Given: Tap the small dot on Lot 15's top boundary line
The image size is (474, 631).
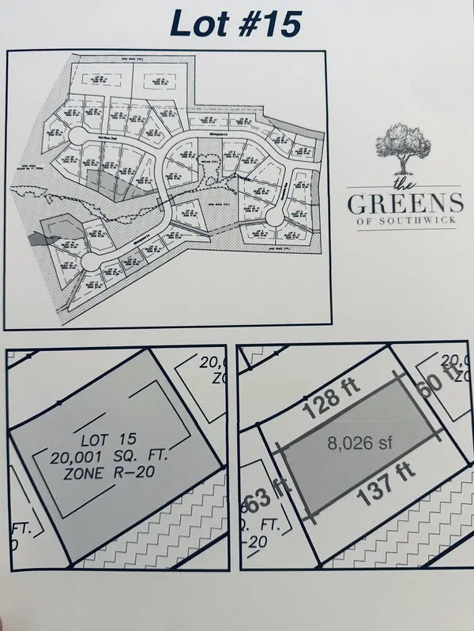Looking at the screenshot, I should coord(60,404).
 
